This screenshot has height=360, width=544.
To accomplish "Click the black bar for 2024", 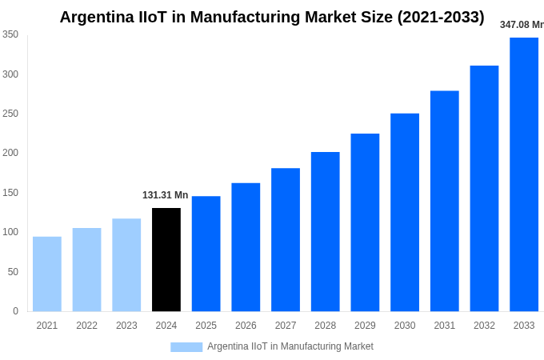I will tap(166, 259).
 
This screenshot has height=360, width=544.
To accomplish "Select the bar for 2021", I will tap(47, 274).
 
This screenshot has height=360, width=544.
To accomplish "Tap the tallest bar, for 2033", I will tap(524, 174).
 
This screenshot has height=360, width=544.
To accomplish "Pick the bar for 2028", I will tap(326, 231).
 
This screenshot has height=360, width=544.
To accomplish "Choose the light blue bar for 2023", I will tap(126, 265).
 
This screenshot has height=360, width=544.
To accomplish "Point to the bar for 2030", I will tap(405, 212).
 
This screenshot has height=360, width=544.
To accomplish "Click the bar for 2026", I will tap(246, 247).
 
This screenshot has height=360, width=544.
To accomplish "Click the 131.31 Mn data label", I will tap(166, 195).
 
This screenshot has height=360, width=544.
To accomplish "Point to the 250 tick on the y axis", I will tap(10, 114).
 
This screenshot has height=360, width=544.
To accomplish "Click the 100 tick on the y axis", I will tap(10, 232).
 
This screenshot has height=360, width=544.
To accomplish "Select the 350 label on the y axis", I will tap(10, 34).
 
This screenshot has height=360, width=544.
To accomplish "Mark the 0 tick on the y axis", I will tap(15, 311).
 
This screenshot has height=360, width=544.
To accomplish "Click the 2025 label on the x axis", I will tap(206, 326).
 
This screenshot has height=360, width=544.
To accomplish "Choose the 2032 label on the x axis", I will tap(484, 326).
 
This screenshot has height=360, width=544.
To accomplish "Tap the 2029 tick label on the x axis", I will tap(365, 326).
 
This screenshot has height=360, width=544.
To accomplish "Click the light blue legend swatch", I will tap(186, 346).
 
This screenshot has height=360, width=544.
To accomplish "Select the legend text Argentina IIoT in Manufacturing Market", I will tap(290, 346).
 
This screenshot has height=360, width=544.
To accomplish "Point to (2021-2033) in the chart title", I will tap(441, 17).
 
